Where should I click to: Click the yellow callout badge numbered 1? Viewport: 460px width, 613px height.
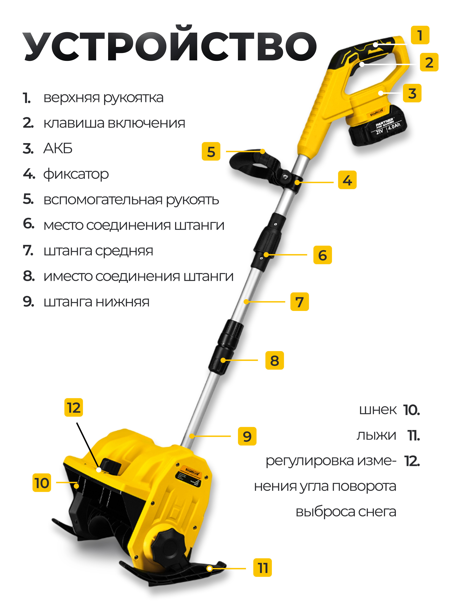point(420,35)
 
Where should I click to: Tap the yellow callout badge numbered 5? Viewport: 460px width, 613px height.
point(211,151)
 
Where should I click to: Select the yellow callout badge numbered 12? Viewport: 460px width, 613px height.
point(73,407)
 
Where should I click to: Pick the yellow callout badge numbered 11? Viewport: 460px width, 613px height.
point(262,567)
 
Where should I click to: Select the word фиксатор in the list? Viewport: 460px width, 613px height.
point(76,174)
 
